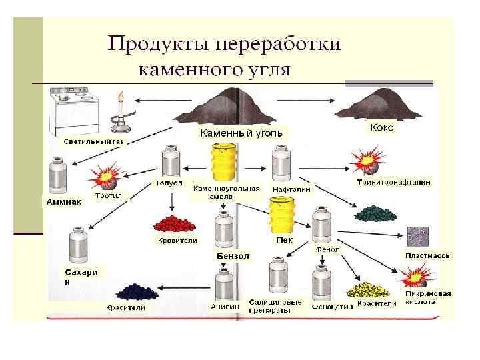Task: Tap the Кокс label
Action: pyautogui.click(x=381, y=127)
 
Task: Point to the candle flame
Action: pyautogui.click(x=121, y=98)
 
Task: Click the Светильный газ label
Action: pyautogui.click(x=93, y=142)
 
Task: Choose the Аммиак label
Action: pyautogui.click(x=65, y=201)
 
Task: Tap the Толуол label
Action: pyautogui.click(x=169, y=181)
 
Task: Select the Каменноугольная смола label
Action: pyautogui.click(x=227, y=193)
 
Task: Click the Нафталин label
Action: pyautogui.click(x=289, y=190)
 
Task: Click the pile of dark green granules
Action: pyautogui.click(x=375, y=213)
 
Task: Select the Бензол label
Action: pyautogui.click(x=233, y=255)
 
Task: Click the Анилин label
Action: pyautogui.click(x=225, y=307)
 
